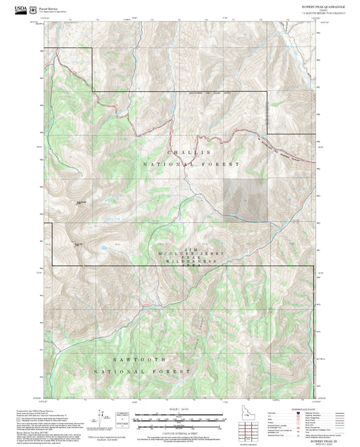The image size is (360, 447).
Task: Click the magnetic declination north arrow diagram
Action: point(102,417)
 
